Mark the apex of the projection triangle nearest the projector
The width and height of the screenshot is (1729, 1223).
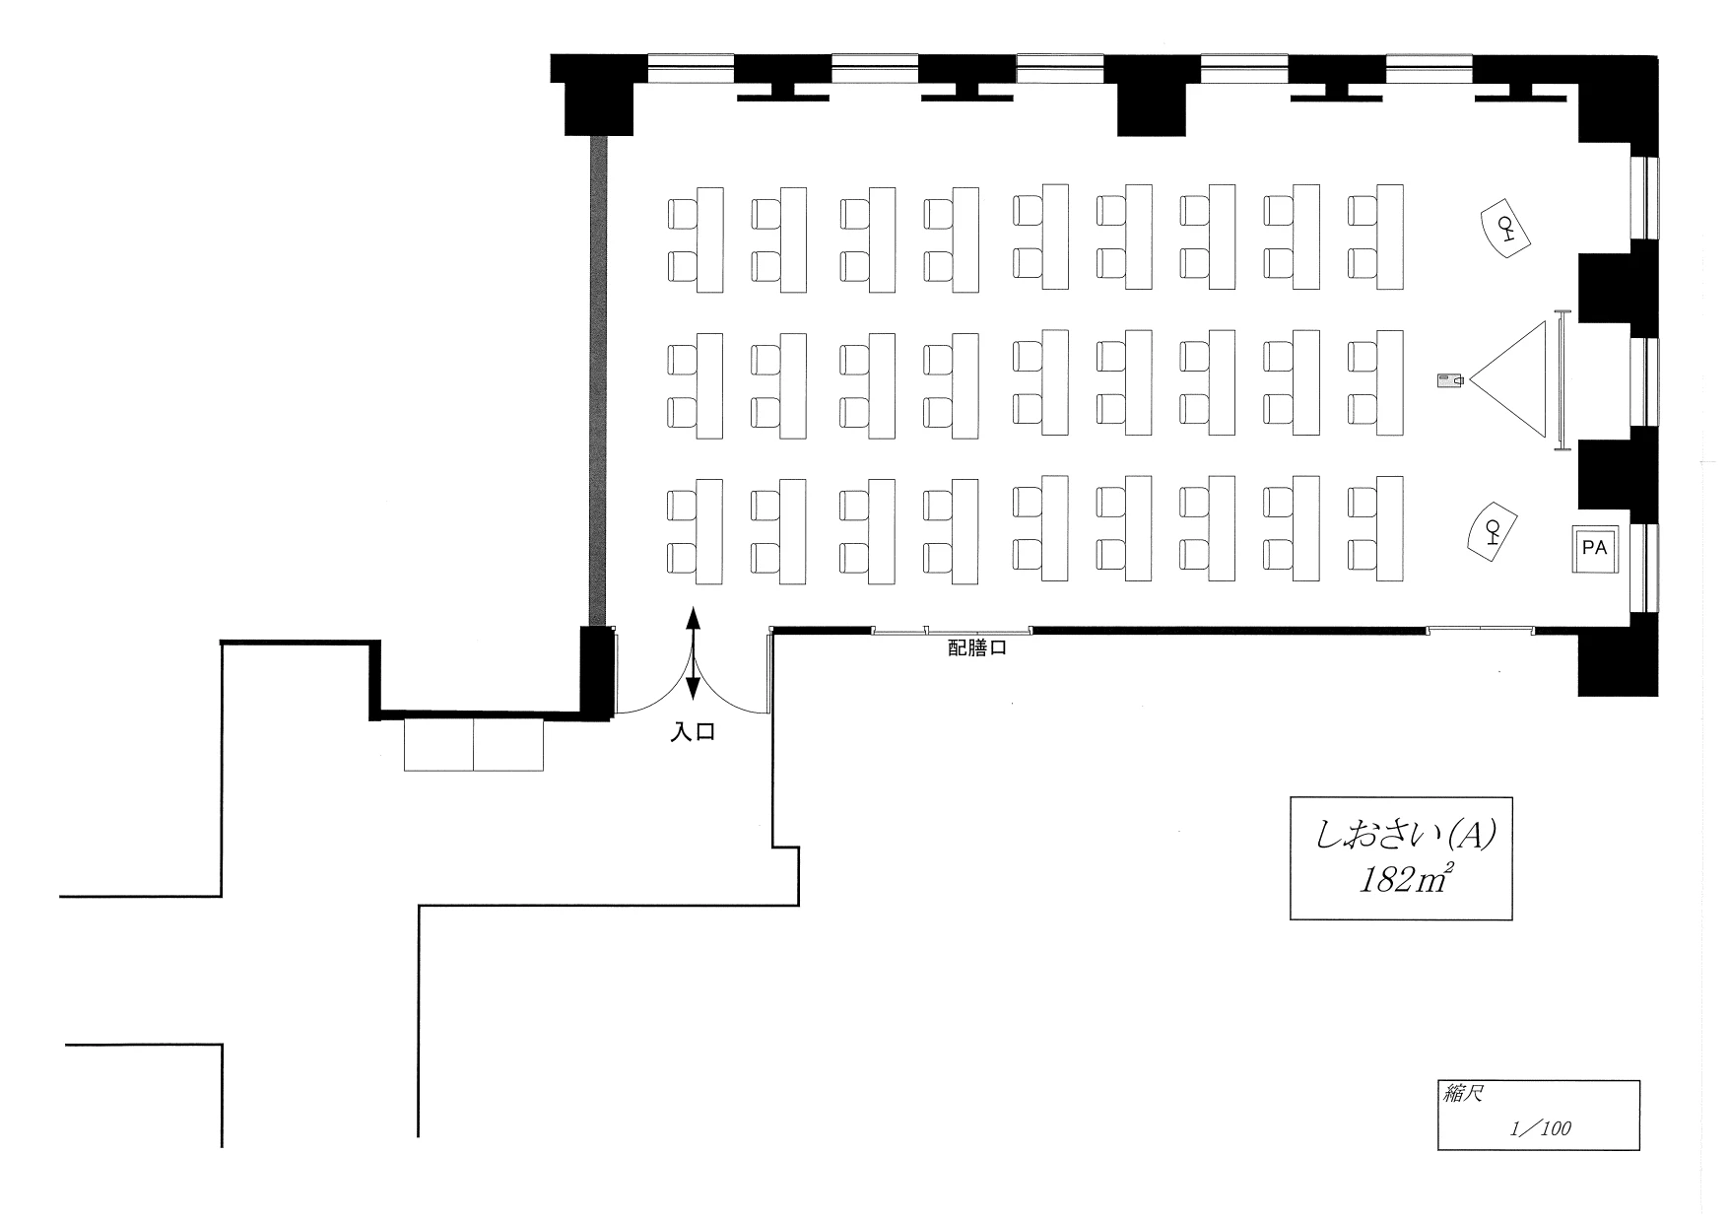click(x=1470, y=379)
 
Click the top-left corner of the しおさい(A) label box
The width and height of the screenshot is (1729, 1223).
click(x=1291, y=797)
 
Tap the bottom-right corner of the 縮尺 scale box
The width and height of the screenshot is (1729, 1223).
click(x=1640, y=1150)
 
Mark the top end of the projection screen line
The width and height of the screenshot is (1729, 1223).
click(x=1561, y=311)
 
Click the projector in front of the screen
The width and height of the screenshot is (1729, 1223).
click(x=1451, y=379)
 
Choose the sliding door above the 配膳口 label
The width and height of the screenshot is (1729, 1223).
click(x=952, y=630)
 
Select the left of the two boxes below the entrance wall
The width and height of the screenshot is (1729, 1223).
click(x=439, y=744)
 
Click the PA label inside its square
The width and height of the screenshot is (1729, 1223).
click(x=1594, y=548)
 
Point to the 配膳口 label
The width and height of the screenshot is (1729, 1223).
click(x=976, y=648)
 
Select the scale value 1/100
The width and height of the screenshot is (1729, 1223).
click(x=1541, y=1128)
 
